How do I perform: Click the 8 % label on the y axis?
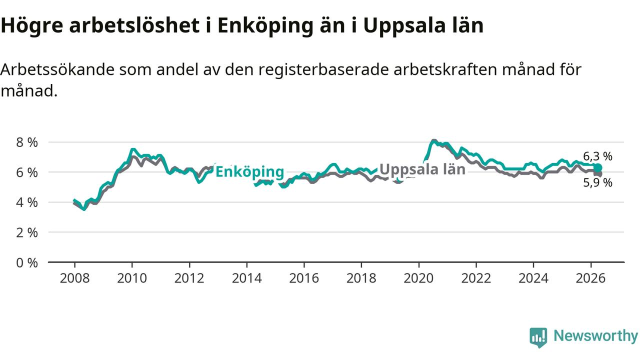[x=27, y=142]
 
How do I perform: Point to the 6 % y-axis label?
[x=27, y=172]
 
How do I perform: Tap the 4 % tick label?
[x=27, y=202]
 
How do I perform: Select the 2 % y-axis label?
[x=27, y=233]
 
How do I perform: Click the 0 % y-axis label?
[x=27, y=263]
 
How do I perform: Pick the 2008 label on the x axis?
[x=74, y=278]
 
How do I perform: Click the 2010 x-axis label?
[x=132, y=278]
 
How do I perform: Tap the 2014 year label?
[x=247, y=278]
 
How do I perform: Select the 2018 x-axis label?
[x=361, y=278]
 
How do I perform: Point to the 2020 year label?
[x=419, y=278]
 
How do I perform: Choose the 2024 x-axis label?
[x=533, y=278]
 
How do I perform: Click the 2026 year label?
[x=591, y=278]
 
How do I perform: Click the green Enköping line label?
[x=249, y=172]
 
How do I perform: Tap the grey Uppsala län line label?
[x=422, y=169]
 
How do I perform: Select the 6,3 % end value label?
[x=597, y=156]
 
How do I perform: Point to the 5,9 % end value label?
[x=597, y=182]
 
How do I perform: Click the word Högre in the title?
[x=32, y=25]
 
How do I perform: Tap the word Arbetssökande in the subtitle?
[x=57, y=69]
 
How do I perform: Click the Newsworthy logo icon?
[x=538, y=337]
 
